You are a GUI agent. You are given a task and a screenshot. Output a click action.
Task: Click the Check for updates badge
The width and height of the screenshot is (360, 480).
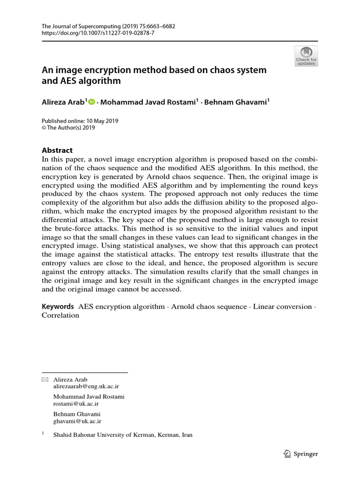[306, 56]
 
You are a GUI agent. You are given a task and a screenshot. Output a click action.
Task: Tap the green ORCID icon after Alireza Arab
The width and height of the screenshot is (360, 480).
[91, 101]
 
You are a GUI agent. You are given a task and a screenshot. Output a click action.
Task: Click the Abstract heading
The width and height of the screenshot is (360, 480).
[57, 150]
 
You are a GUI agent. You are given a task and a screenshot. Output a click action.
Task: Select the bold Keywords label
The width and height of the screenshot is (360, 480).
[58, 307]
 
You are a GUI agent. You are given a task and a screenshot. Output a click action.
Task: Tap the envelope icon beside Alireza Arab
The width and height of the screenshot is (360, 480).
[45, 379]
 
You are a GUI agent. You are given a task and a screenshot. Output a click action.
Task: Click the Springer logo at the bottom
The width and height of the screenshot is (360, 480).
[301, 453]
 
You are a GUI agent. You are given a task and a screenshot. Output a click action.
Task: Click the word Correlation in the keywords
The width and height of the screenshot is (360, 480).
[60, 315]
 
